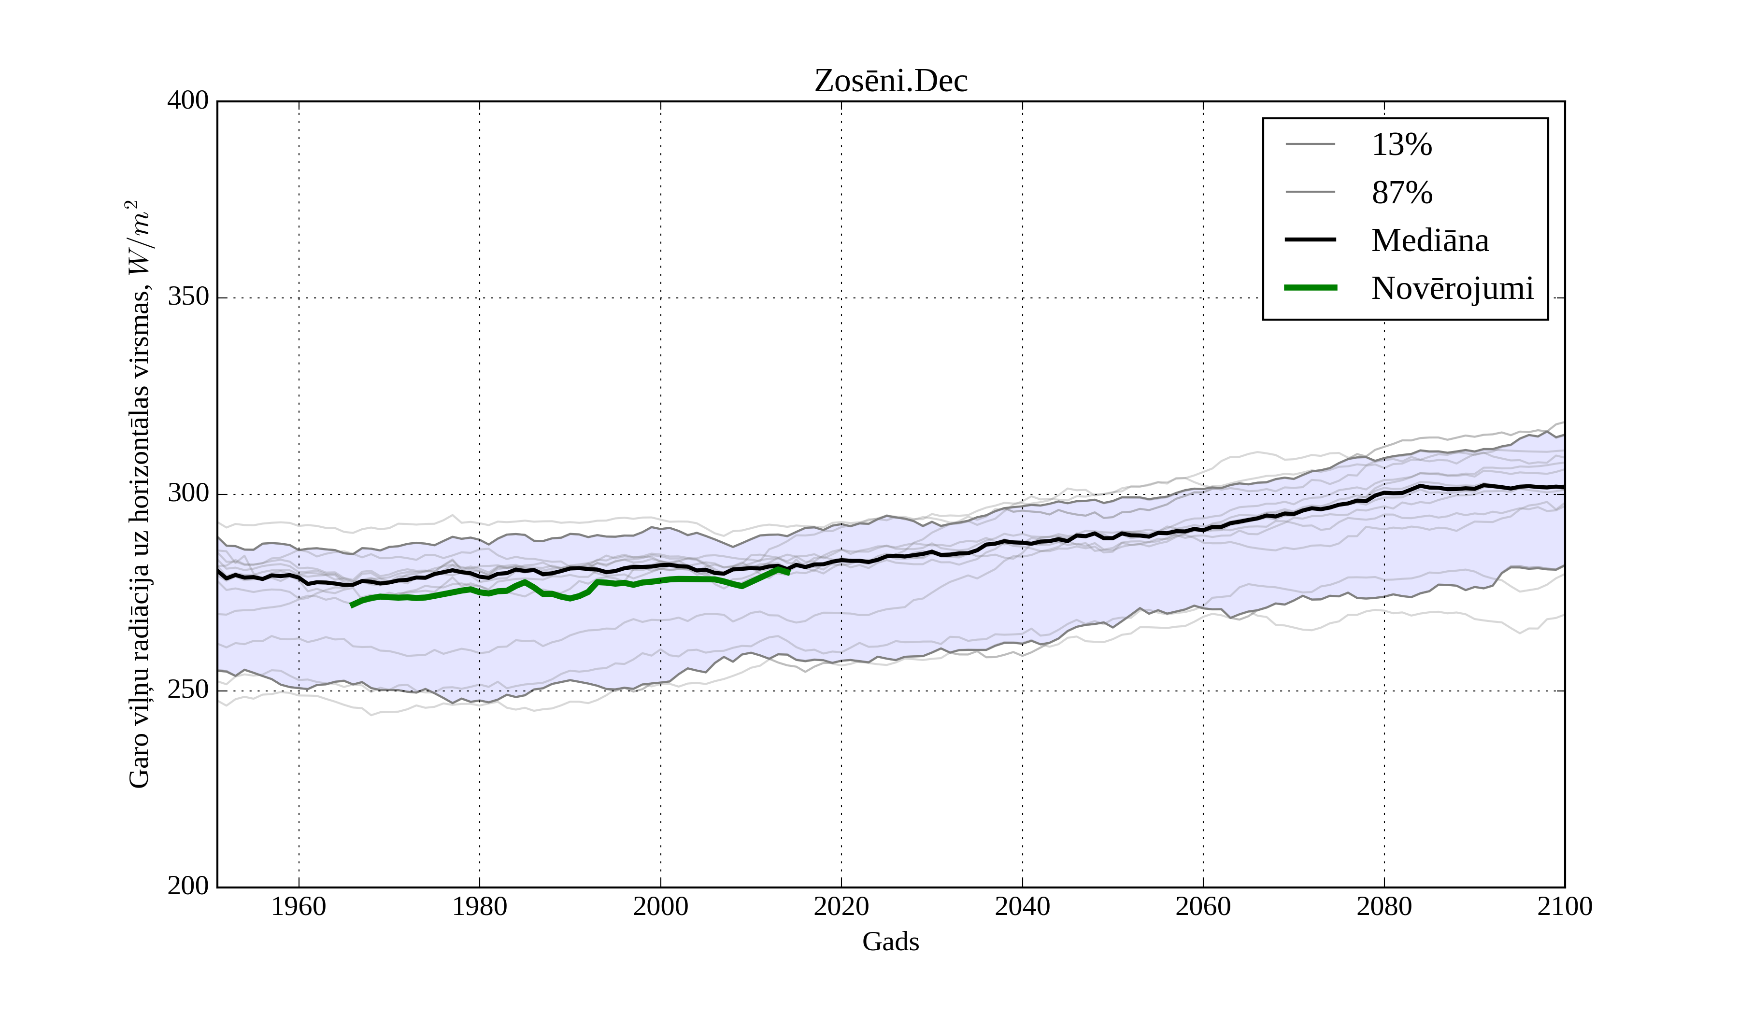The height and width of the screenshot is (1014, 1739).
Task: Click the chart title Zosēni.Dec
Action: coord(890,82)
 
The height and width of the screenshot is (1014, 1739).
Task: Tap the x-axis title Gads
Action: coord(890,942)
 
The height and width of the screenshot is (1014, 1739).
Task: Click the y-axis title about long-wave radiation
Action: coord(139,494)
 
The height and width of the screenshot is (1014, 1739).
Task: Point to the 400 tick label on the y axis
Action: coord(188,101)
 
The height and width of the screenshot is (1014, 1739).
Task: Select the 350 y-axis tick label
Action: coord(188,297)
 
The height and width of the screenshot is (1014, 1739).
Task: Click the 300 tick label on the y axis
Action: coord(188,494)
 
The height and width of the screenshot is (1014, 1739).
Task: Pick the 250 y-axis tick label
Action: coord(188,690)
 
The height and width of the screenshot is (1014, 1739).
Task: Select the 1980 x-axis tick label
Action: coord(480,906)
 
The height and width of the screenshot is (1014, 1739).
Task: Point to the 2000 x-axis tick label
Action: coord(660,906)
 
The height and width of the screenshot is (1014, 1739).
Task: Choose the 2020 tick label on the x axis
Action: coord(841,906)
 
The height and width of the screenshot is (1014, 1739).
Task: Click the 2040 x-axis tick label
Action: coord(1022,906)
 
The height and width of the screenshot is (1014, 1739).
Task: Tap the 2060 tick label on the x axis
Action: coord(1203,906)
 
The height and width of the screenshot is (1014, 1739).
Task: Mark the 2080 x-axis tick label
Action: coord(1383,906)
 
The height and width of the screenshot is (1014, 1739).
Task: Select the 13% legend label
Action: coord(1401,145)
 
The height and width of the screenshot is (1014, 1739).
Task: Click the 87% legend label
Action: coord(1401,193)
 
